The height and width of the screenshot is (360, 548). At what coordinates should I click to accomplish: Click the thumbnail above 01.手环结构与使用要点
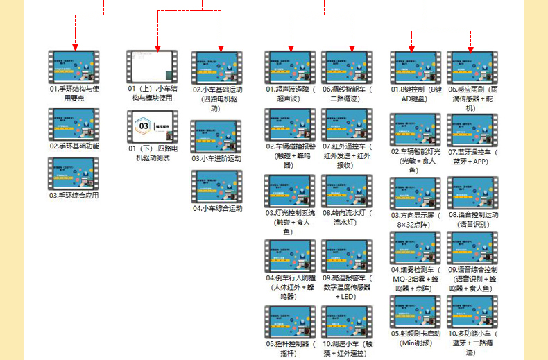74,68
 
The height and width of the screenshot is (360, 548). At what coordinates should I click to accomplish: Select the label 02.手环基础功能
74,146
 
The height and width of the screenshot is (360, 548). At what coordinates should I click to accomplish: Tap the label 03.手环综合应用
74,196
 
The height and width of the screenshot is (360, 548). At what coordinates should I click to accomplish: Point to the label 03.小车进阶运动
217,159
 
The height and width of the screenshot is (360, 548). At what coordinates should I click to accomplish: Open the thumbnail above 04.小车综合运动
217,187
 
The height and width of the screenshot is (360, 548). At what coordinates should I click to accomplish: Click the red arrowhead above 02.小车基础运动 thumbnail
221,47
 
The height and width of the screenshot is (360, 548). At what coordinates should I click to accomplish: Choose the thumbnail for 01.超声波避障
291,68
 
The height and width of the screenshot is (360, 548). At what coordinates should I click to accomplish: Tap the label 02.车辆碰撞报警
291,151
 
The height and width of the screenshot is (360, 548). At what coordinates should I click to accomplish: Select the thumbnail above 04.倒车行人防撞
291,256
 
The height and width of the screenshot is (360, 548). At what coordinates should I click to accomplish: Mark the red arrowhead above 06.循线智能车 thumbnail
352,47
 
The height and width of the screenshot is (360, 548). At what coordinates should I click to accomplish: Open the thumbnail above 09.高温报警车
348,256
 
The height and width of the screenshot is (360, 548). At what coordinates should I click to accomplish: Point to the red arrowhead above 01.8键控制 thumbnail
412,47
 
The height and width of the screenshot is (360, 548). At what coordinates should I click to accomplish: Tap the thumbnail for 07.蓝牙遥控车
473,130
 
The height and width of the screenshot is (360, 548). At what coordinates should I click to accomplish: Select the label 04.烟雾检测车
414,274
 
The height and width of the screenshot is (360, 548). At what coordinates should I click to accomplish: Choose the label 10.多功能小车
473,338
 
